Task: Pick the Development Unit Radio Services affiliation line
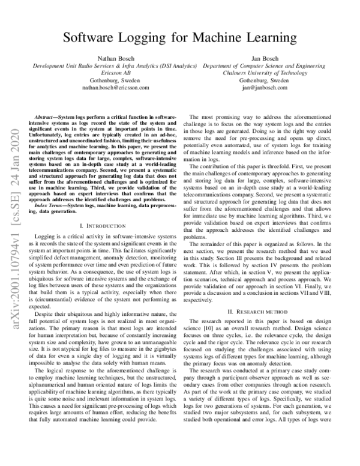(115, 65)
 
